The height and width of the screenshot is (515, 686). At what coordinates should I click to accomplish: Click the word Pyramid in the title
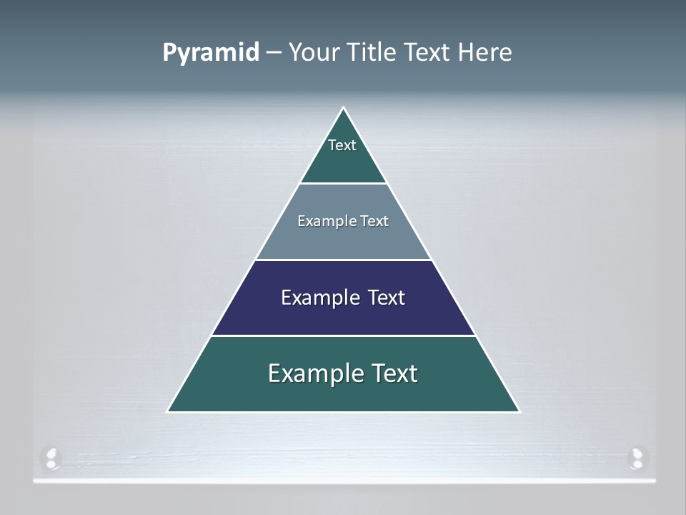coord(210,53)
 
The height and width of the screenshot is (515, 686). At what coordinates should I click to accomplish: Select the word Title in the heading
coord(372,52)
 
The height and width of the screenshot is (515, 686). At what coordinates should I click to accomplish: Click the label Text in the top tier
coord(342,145)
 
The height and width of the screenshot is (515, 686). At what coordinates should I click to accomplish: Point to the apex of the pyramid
coord(344,108)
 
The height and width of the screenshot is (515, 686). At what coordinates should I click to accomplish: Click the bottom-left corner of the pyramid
coord(168,411)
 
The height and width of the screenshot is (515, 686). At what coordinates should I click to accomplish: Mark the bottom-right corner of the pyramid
coord(520,411)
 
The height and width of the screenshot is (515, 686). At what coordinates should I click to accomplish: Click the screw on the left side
coord(51,458)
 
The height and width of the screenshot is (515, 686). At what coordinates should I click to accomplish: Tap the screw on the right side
coord(636,458)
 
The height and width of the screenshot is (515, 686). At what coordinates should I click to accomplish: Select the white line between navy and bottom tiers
coord(343,335)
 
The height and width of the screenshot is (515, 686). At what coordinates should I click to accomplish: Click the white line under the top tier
coord(343,184)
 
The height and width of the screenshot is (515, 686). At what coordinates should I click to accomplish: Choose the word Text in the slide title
coord(426,52)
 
